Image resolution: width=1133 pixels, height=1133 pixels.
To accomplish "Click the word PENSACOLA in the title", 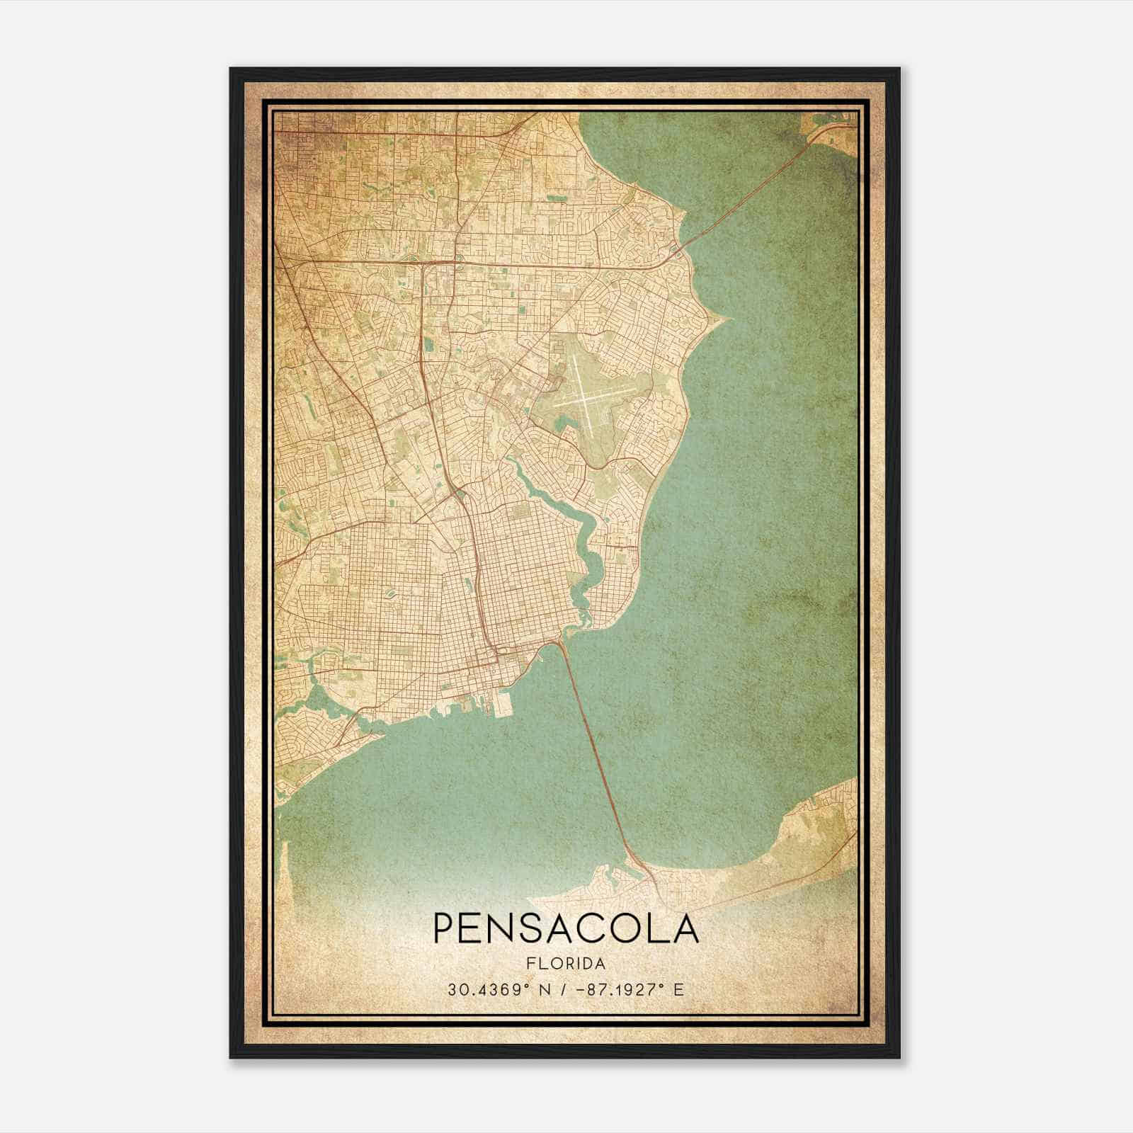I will [566, 928].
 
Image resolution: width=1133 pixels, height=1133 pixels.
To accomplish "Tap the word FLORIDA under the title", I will [566, 964].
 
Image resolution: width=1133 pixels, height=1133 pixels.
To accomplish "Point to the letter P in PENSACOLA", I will [445, 928].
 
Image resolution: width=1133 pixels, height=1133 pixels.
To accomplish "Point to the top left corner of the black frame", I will [231, 69].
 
